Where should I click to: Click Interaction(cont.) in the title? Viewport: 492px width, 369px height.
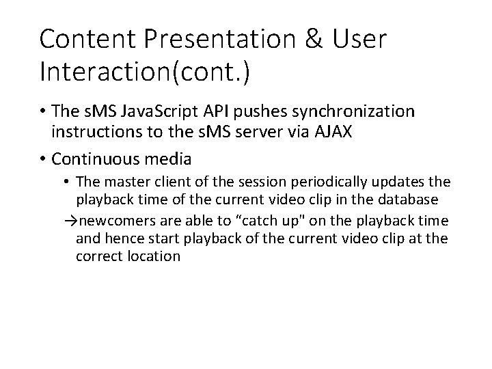(145, 72)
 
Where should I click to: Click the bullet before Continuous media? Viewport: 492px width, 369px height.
(43, 159)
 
